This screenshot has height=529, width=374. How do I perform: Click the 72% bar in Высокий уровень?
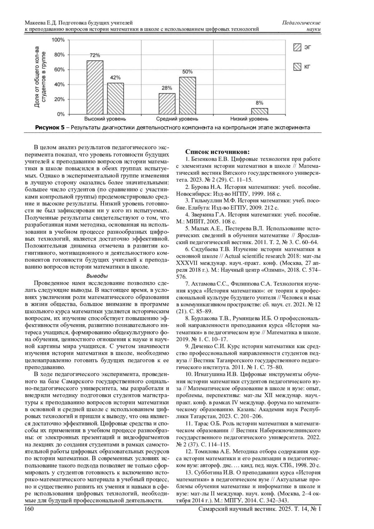(x=95, y=88)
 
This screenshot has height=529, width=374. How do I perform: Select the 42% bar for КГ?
(x=115, y=99)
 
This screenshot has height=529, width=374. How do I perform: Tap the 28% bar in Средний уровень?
(x=167, y=104)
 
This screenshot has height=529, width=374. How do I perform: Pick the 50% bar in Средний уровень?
(x=187, y=96)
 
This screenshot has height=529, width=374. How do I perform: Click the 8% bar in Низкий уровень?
(x=259, y=111)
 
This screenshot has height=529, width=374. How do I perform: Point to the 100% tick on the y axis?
(x=58, y=40)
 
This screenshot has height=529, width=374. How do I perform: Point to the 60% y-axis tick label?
(x=59, y=70)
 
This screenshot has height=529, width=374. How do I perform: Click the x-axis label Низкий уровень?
(x=249, y=119)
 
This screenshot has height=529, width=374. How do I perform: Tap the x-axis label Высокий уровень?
(x=105, y=119)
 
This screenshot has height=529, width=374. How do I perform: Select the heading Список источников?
(x=217, y=152)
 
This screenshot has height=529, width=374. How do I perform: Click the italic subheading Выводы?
(x=97, y=276)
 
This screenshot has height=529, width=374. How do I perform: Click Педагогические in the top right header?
(x=301, y=23)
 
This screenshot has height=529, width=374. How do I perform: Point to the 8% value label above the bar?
(x=259, y=103)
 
